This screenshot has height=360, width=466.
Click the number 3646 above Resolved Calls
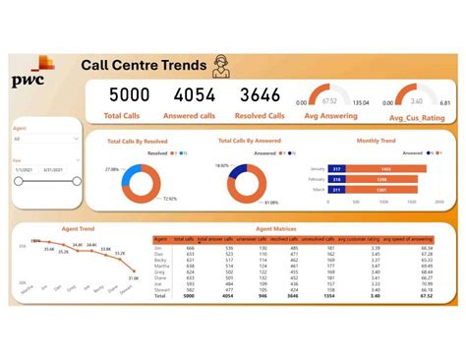[x=261, y=95]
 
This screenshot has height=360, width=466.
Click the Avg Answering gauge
[x=336, y=98]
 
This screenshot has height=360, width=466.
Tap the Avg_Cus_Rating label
[x=417, y=118]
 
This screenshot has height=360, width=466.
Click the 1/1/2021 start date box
[x=25, y=169]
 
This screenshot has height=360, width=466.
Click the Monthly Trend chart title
[x=375, y=142]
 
